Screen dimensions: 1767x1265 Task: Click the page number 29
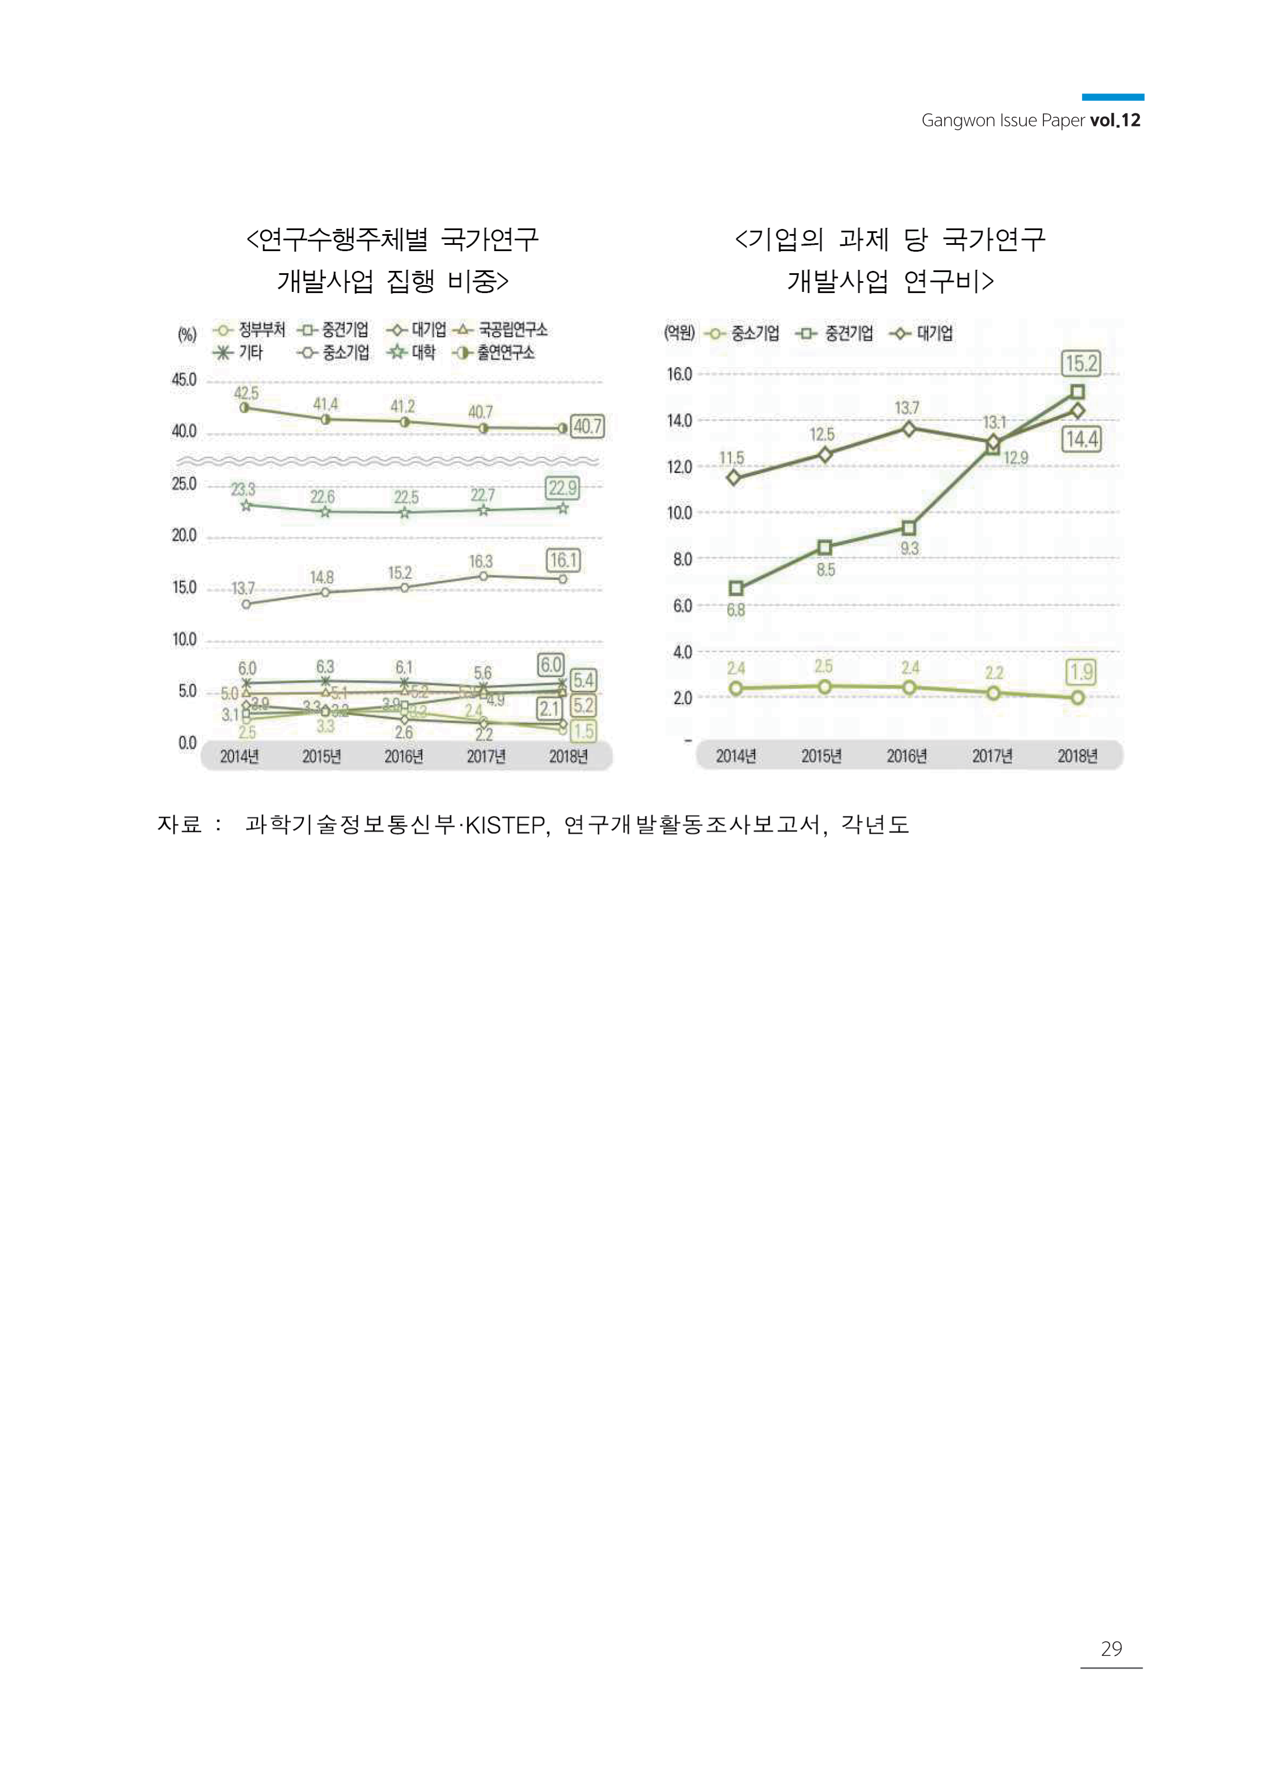[x=1111, y=1649]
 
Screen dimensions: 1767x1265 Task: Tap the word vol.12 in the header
[x=1115, y=120]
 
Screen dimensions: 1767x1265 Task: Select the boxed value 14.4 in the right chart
[x=1081, y=439]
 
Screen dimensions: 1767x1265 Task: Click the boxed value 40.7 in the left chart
[x=587, y=426]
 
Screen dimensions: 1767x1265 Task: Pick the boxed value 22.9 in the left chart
[x=562, y=489]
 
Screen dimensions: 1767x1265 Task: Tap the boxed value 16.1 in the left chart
[x=563, y=560]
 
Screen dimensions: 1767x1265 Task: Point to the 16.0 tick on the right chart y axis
[x=678, y=375]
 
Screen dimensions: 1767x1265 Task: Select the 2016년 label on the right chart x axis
[x=907, y=756]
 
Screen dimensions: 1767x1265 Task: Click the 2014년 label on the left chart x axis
[x=239, y=756]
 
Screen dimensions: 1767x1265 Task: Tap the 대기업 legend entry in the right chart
[x=934, y=333]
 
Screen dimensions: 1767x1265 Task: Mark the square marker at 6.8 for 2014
[x=735, y=589]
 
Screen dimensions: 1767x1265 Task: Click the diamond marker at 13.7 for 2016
[x=909, y=428]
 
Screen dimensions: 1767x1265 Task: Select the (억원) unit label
[x=679, y=333]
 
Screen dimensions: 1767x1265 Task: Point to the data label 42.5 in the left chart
[x=246, y=393]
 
